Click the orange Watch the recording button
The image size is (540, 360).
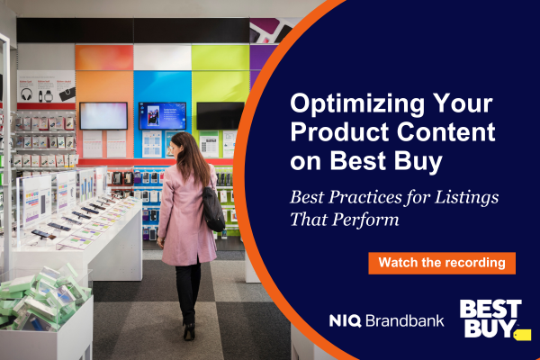442,263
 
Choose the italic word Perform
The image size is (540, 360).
368,218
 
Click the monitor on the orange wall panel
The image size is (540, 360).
103,115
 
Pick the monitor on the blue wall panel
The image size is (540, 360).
162,115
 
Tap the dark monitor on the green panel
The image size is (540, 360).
220,115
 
